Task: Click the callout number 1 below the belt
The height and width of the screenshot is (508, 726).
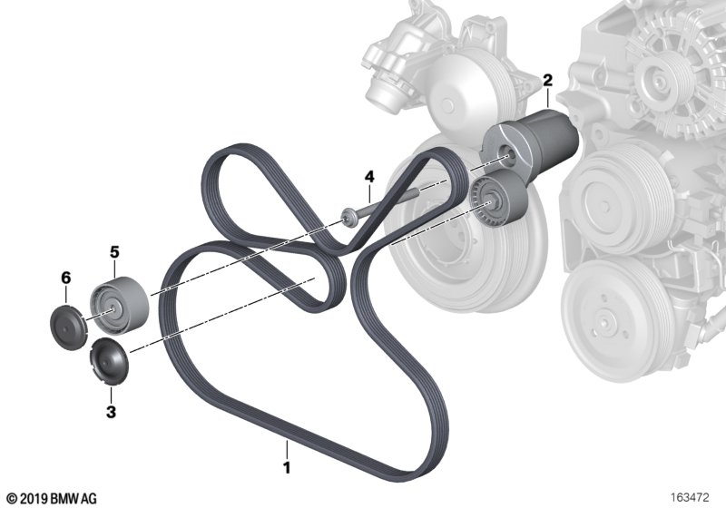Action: point(287,467)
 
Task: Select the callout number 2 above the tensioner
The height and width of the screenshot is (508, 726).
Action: point(548,81)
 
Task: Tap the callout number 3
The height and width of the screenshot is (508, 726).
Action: point(111,412)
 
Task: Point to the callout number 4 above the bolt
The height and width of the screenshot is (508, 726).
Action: point(369,176)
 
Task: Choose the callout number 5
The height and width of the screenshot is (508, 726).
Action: point(114,252)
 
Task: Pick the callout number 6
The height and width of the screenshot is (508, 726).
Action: point(66,278)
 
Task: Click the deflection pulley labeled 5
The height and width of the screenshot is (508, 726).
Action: point(119,306)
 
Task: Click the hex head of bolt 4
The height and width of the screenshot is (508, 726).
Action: point(348,218)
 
